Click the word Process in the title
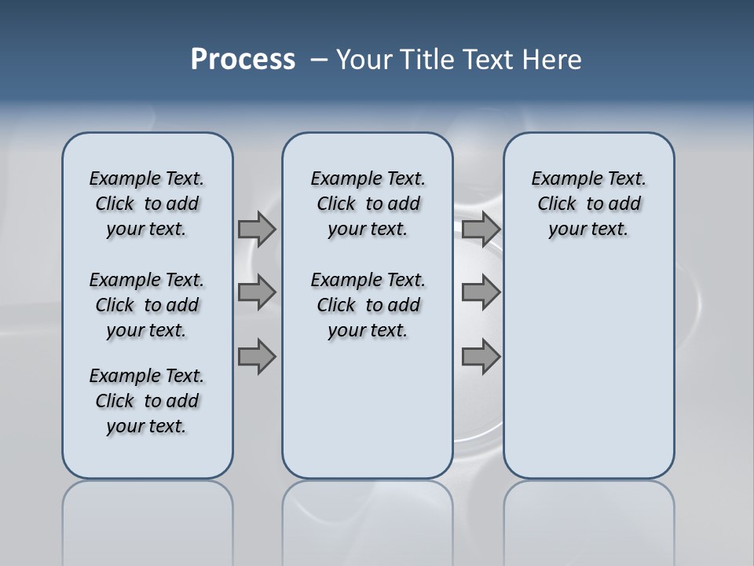pos(243,60)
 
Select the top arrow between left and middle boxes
pos(257,229)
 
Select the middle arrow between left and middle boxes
pos(257,292)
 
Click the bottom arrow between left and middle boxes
pos(257,357)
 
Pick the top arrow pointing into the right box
pos(481,229)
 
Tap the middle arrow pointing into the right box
pos(481,292)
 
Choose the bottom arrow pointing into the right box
pos(481,357)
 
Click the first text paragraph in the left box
pos(147,204)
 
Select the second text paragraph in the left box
pos(147,305)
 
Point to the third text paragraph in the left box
pos(147,401)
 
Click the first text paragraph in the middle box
pos(368,204)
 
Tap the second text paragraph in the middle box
pos(368,305)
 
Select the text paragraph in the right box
pos(588,204)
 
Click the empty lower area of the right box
pos(588,377)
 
